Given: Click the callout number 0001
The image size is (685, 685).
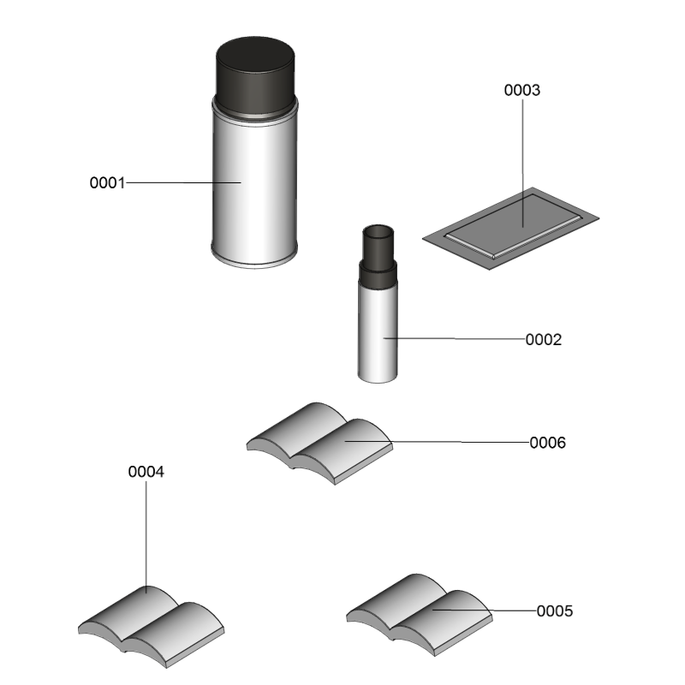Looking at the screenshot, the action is [107, 182].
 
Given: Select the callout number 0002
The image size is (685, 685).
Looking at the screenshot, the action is [544, 339].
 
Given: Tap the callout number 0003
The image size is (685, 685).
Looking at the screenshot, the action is [522, 90].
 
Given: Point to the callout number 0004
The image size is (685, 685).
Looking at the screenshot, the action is [146, 472].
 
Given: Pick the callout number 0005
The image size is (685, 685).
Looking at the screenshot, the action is [554, 611].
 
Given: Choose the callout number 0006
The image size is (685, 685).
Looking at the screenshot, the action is [547, 443].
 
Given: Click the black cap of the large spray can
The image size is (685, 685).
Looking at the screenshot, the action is [255, 75].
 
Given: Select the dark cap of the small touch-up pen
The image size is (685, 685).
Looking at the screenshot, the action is [378, 257].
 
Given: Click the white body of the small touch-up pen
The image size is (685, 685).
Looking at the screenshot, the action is [378, 332].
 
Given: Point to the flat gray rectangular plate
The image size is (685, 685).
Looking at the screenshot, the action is [510, 229].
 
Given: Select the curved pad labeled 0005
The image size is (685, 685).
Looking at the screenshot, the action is [420, 615].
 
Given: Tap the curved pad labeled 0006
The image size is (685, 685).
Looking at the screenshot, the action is [319, 444].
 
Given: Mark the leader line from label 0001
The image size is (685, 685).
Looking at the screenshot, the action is [183, 182].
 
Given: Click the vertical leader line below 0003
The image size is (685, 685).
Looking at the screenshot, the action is [522, 163].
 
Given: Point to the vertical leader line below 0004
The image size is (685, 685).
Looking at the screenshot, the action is [146, 538].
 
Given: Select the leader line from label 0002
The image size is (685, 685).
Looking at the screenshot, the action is [455, 338].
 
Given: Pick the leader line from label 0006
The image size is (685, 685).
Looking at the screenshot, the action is [438, 442].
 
